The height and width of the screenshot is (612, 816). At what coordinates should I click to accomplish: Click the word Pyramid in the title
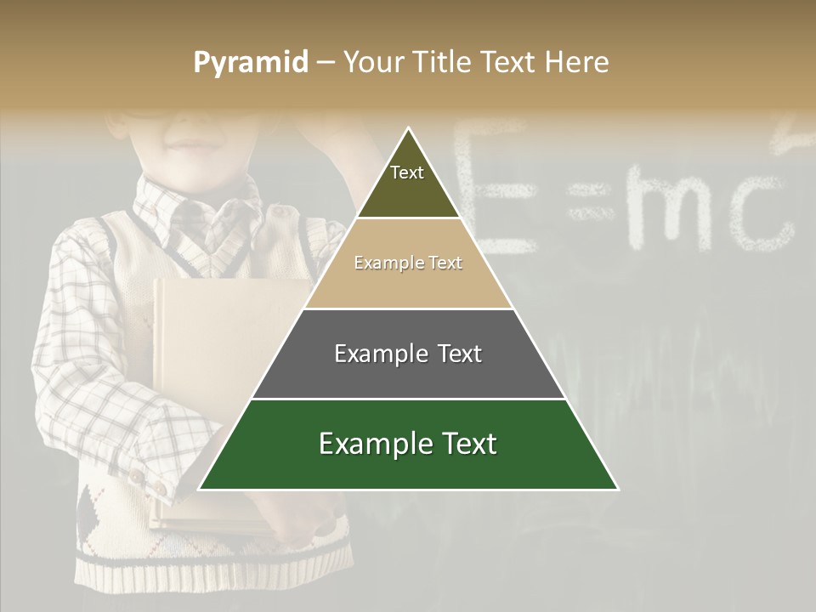pyautogui.click(x=251, y=63)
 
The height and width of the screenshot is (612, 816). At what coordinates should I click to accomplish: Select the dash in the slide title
pyautogui.click(x=326, y=63)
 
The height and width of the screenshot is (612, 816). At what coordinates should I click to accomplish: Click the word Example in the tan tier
pyautogui.click(x=382, y=263)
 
